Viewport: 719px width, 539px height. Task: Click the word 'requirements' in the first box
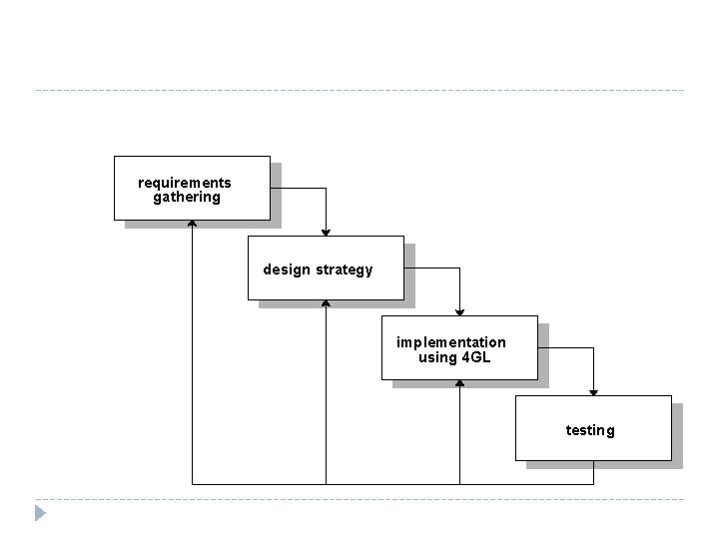click(185, 183)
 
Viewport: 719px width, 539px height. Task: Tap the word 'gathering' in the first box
click(187, 198)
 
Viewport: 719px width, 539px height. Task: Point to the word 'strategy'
click(345, 269)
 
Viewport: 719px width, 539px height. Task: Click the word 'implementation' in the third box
click(451, 342)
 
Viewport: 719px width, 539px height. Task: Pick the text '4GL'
click(476, 357)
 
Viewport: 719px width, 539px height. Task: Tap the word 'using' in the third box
click(436, 357)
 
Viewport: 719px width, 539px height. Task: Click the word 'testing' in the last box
click(590, 430)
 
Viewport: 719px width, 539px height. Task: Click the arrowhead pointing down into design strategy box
click(326, 232)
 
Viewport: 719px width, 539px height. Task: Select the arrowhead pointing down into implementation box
click(459, 311)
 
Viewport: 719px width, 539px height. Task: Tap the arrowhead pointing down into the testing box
click(593, 391)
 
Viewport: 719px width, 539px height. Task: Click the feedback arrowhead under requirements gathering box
click(192, 224)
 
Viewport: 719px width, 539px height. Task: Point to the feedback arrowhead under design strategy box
click(326, 303)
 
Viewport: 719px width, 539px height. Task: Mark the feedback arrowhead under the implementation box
click(459, 384)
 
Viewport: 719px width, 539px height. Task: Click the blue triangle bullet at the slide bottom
click(40, 514)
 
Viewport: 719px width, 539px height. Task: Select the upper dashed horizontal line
click(359, 91)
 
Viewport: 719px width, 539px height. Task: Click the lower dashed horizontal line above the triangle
click(359, 499)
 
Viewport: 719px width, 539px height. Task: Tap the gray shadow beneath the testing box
click(604, 465)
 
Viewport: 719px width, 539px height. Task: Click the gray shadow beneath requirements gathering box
click(200, 225)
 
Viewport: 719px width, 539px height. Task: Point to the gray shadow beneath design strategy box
click(335, 304)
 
